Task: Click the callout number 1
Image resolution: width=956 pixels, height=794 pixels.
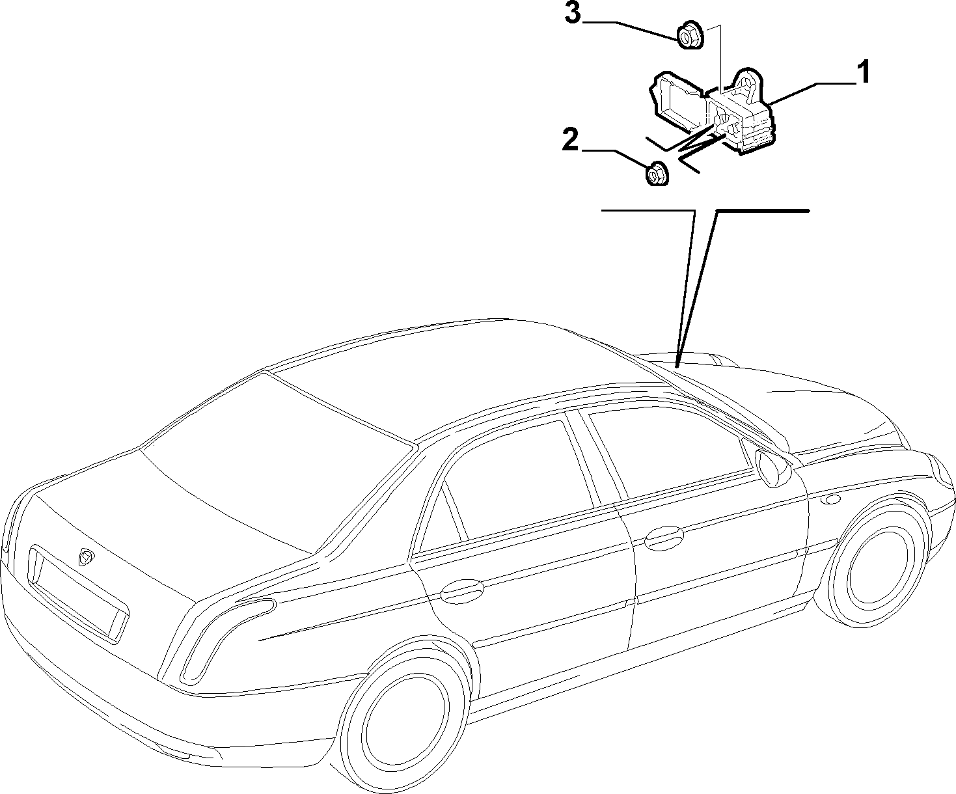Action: coord(862,73)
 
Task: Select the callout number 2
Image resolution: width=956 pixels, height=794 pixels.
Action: coord(571,140)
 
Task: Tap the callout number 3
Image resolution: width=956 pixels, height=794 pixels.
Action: coord(573,14)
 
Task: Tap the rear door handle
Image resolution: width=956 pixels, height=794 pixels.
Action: coord(463,591)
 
